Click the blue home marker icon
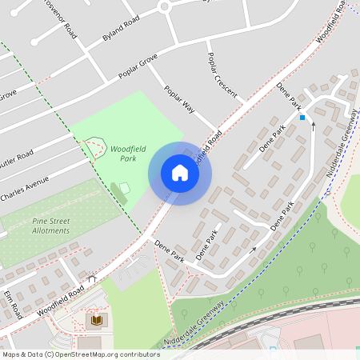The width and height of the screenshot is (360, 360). pyautogui.click(x=180, y=173)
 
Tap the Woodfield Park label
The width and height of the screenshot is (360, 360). pyautogui.click(x=123, y=154)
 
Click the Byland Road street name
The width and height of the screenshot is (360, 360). pyautogui.click(x=121, y=28)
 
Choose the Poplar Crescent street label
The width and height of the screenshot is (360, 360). pyautogui.click(x=222, y=76)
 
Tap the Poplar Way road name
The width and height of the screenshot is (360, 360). pyautogui.click(x=180, y=99)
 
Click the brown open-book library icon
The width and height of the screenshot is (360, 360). pyautogui.click(x=95, y=320)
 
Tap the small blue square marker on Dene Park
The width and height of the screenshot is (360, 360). pyautogui.click(x=302, y=118)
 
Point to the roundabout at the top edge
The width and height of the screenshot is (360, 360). pyautogui.click(x=166, y=6)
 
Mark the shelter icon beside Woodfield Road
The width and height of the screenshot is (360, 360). pyautogui.click(x=92, y=279)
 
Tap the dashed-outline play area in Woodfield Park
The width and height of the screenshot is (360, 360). pyautogui.click(x=95, y=146)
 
